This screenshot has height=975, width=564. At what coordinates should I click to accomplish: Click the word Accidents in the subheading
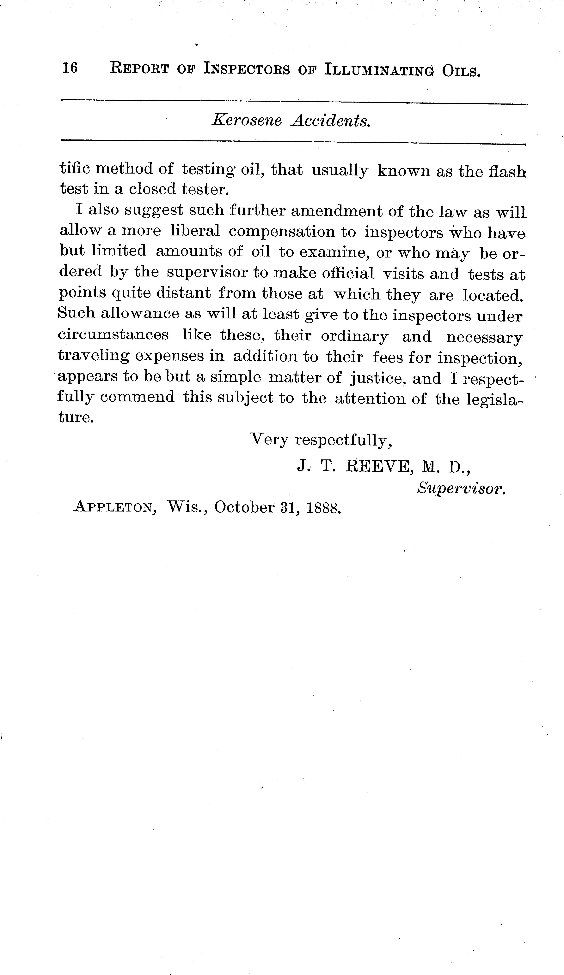click(x=330, y=121)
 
